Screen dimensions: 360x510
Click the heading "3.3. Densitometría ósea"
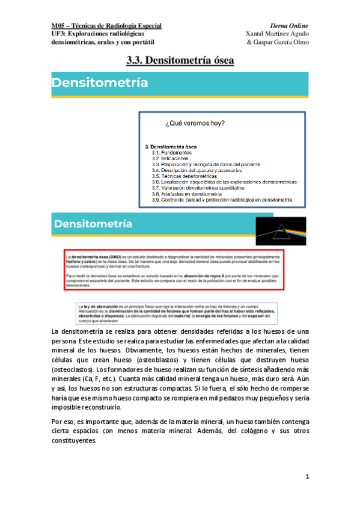click(x=180, y=60)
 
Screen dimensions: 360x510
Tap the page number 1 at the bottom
click(x=307, y=477)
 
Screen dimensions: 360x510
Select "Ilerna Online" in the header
click(x=289, y=26)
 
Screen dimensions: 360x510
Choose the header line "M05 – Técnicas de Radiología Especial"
click(x=106, y=26)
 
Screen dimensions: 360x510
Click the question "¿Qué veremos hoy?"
click(x=195, y=124)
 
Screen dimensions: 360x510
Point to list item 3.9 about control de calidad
click(x=221, y=199)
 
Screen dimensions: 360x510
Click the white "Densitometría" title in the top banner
click(x=100, y=83)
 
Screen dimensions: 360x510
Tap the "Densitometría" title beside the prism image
click(x=93, y=224)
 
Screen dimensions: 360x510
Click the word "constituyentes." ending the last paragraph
click(x=75, y=440)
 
